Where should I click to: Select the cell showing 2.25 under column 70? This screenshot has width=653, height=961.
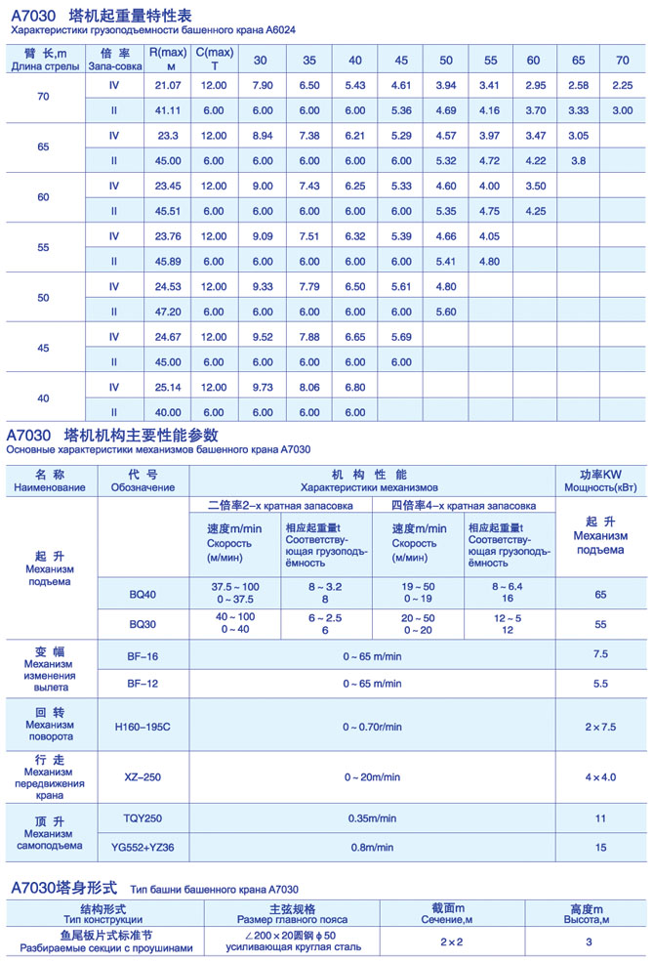622,86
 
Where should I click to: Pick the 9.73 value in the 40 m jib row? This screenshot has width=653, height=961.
261,387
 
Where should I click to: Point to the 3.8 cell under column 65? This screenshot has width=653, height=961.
578,160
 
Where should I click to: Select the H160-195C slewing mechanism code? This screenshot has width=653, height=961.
142,726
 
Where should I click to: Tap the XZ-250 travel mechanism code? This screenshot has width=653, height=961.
143,777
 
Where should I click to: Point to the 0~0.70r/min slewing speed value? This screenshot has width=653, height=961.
372,726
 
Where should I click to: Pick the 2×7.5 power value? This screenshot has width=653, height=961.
600,726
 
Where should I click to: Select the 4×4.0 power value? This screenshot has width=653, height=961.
600,777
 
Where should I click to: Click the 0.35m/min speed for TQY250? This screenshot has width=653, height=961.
372,817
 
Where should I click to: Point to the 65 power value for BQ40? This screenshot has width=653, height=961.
600,593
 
